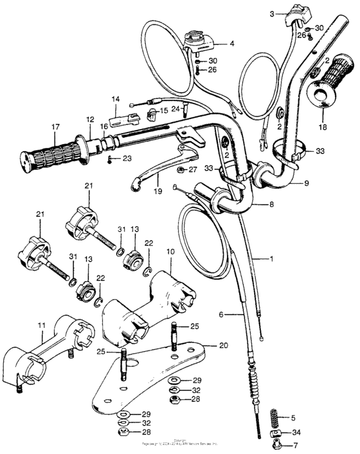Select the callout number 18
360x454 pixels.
pos(323,127)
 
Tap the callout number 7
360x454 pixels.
pos(296,445)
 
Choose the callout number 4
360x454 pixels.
pos(232,44)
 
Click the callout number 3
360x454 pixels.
pos(272,14)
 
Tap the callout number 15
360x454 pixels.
pos(163,111)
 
